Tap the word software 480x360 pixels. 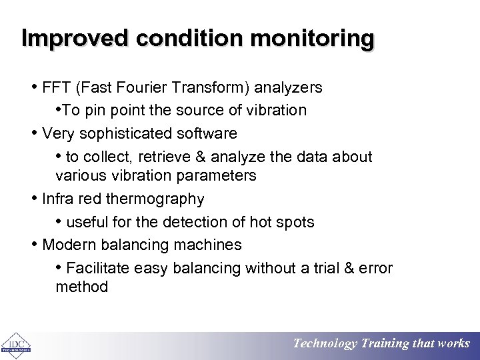pyautogui.click(x=209, y=133)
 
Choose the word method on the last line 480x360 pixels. pyautogui.click(x=81, y=287)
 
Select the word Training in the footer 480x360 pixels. pyautogui.click(x=385, y=344)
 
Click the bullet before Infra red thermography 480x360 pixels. pyautogui.click(x=35, y=199)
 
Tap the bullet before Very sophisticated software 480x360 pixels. pyautogui.click(x=35, y=133)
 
